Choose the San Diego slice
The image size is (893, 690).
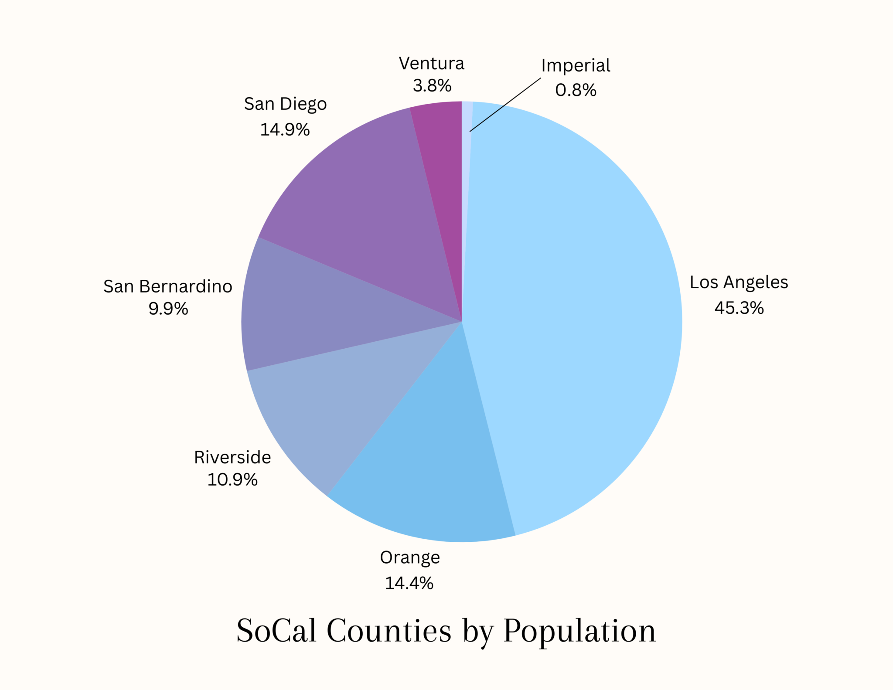pos(362,196)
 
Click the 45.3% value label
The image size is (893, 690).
pos(739,308)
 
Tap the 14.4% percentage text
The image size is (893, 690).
pos(409,583)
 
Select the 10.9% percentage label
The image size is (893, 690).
pos(232,480)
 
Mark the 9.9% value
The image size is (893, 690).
pos(168,309)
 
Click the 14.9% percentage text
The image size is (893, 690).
pos(285,130)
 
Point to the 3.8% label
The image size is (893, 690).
pos(432,85)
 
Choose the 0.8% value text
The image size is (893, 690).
pos(576,90)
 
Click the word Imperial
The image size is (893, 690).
pos(576,66)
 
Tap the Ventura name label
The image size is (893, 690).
pos(432,64)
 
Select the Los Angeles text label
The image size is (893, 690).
pos(739,282)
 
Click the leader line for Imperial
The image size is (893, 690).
pos(506,105)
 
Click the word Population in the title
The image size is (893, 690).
pos(579,631)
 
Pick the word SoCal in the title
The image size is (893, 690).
pos(276,631)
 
